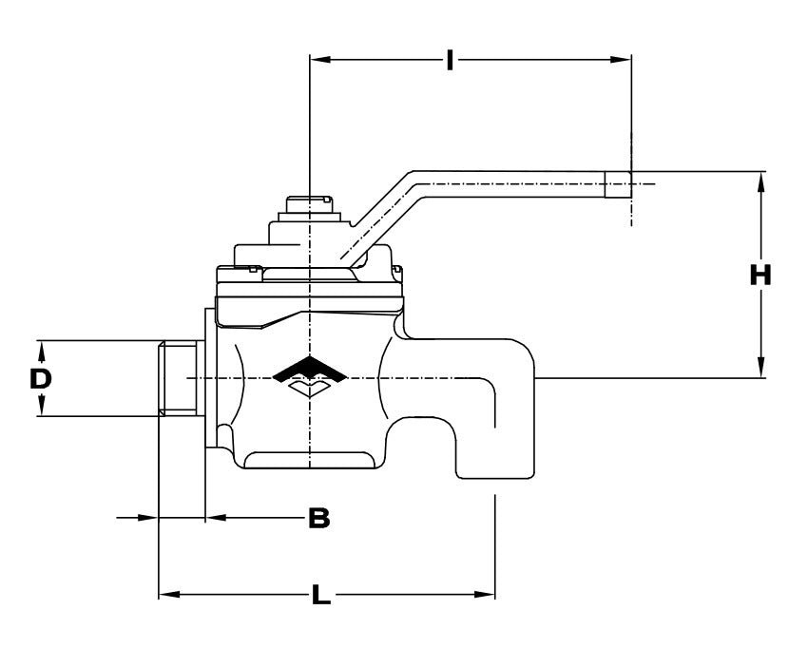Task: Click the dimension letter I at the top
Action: (x=450, y=62)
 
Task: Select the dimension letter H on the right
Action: (x=760, y=276)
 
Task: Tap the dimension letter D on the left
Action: (x=39, y=379)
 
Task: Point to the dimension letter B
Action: (x=319, y=519)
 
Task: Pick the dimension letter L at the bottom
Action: (x=321, y=597)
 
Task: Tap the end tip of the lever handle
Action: (x=620, y=184)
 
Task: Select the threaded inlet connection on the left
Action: (x=177, y=378)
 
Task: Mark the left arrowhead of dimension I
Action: (x=319, y=60)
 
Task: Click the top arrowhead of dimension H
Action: (x=760, y=181)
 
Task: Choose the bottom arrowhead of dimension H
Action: (x=760, y=370)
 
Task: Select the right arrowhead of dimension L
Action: (x=486, y=596)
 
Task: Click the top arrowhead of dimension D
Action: (x=42, y=348)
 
